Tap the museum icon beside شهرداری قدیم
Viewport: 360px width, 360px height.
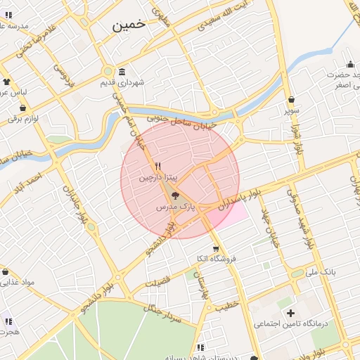coord(122,72)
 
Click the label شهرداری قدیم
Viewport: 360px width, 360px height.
coord(141,83)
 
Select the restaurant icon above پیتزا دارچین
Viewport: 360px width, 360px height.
coord(157,166)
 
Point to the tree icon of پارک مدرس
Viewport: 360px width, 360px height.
coord(175,196)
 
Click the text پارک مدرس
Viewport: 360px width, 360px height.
coord(174,208)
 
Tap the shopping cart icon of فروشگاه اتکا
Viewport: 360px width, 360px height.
coord(216,248)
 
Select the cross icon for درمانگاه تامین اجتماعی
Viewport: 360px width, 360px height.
coord(290,312)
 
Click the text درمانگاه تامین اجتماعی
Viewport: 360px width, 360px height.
coord(278,324)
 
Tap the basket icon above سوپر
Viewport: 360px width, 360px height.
coord(291,99)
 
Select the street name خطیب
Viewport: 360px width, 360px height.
coord(227,305)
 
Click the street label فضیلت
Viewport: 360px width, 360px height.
coord(157,282)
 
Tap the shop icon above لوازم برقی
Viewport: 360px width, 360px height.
coord(23,108)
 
